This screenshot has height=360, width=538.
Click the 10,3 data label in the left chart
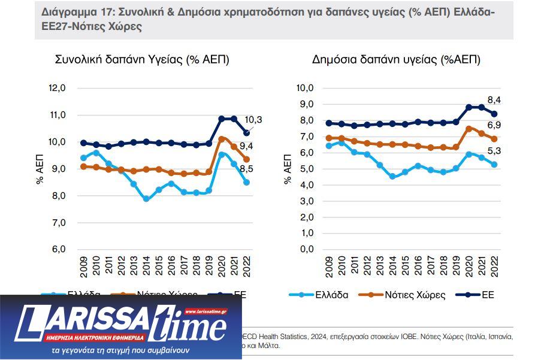point(254,120)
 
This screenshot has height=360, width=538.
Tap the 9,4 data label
point(246,146)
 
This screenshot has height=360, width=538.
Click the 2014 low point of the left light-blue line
point(146,198)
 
